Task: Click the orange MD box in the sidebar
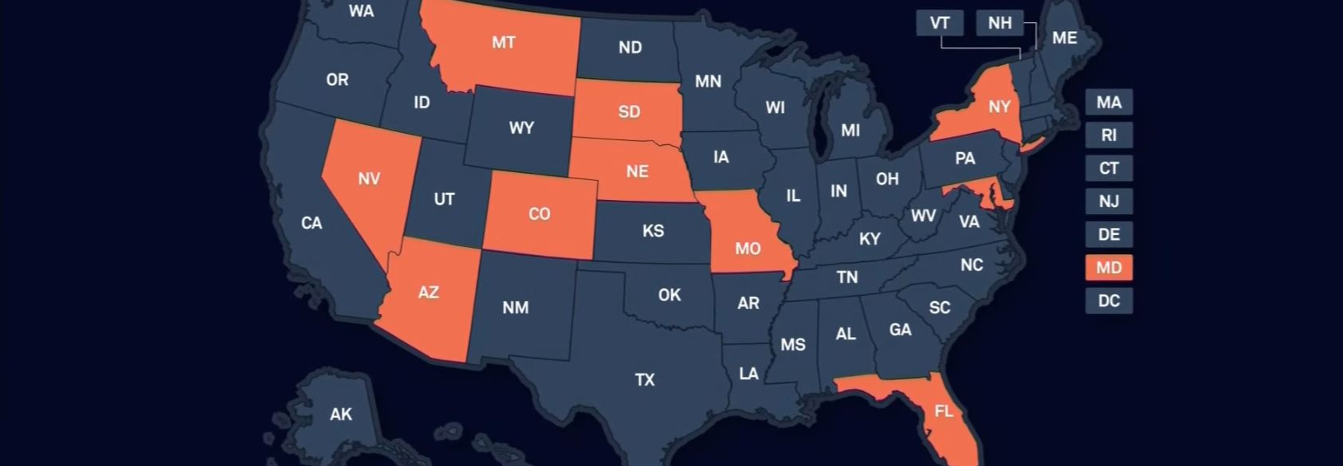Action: [1108, 268]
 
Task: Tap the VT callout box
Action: [940, 22]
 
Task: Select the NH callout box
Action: [999, 22]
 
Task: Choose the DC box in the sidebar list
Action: [1108, 301]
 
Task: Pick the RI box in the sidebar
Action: [1108, 135]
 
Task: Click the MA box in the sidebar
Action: [1108, 102]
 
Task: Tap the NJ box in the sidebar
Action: [1108, 202]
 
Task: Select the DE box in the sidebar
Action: [1108, 235]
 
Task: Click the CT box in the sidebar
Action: [1108, 168]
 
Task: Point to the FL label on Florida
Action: [943, 411]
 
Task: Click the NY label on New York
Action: [999, 107]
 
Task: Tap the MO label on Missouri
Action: [747, 249]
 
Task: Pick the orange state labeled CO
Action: [540, 214]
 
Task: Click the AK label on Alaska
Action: [341, 414]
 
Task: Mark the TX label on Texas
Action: [645, 380]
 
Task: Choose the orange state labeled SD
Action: [629, 112]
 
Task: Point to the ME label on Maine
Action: [1064, 37]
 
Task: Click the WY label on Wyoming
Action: [521, 127]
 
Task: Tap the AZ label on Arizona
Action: [428, 292]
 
